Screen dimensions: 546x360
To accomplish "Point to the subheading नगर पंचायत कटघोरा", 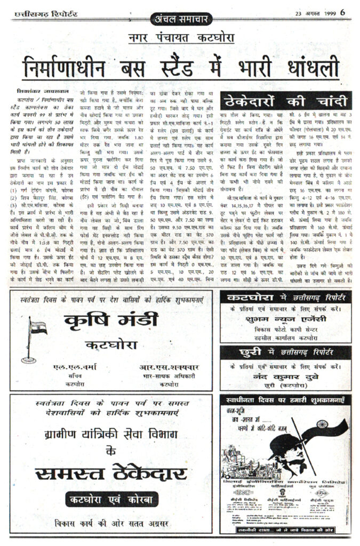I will tap(181, 38).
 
